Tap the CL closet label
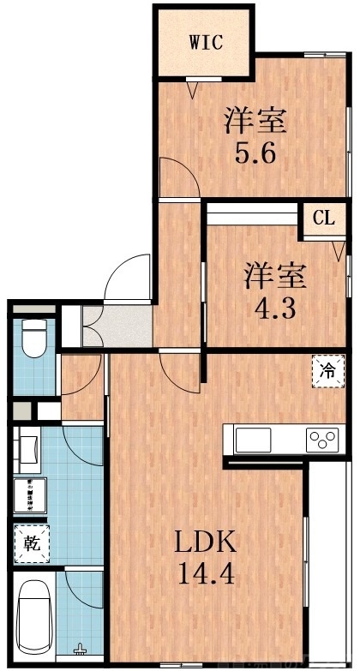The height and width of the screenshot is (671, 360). [323, 218]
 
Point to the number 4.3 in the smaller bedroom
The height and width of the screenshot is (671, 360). [273, 306]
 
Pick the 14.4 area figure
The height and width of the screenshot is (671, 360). [205, 572]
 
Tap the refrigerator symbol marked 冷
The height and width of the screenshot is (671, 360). [328, 371]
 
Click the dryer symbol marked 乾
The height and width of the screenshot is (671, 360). [32, 542]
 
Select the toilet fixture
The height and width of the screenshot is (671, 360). [33, 338]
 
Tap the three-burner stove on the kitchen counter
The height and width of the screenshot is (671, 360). [323, 440]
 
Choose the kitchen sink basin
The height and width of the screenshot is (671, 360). [254, 440]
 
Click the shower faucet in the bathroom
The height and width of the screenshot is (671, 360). [81, 649]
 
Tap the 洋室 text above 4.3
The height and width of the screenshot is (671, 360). [273, 276]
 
